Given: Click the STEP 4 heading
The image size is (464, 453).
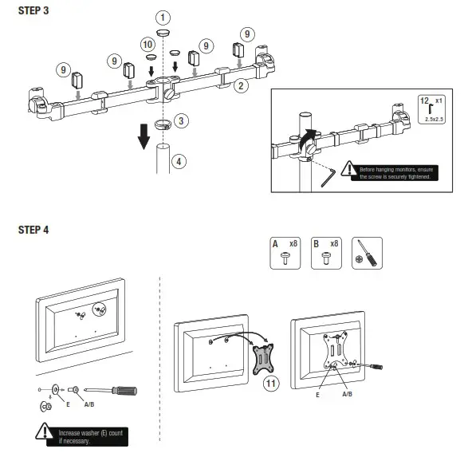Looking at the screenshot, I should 33,230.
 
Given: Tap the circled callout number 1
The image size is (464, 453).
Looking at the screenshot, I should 163,17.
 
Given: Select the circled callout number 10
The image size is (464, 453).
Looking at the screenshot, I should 147,44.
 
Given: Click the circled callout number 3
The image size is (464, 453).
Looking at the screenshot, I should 183,121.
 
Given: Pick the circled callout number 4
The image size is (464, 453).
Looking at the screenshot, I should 179,161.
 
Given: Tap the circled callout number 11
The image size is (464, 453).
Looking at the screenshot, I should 272,384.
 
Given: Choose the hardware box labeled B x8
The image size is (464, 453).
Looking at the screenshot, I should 324,253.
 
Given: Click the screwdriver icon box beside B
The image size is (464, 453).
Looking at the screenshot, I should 367,253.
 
